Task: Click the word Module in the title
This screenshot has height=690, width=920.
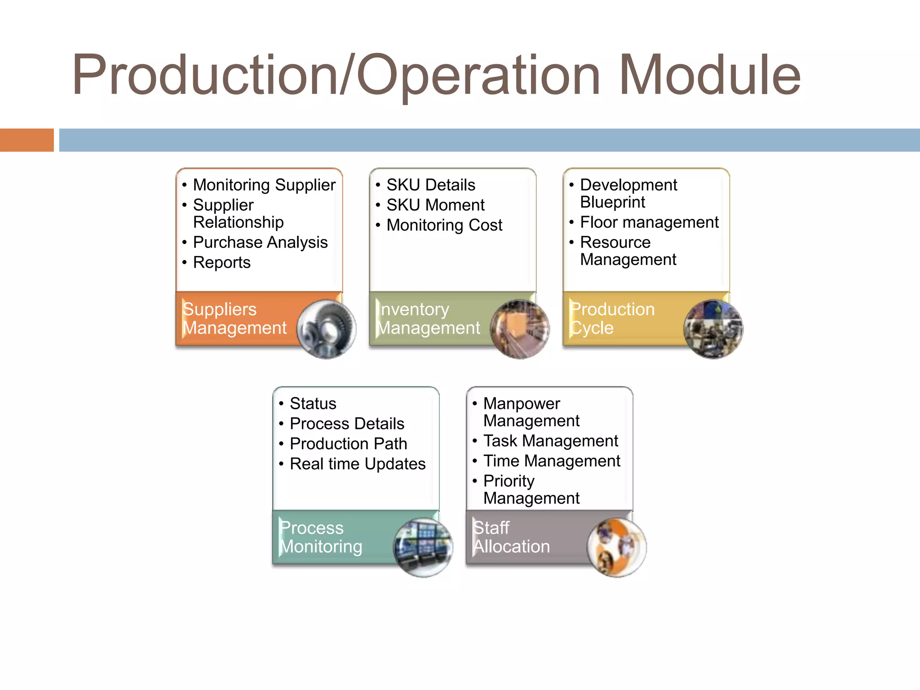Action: tap(710, 75)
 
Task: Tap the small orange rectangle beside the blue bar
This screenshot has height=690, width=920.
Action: tap(27, 140)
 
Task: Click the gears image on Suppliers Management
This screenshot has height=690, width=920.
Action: tap(326, 329)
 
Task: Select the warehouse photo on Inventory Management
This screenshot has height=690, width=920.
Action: tap(520, 329)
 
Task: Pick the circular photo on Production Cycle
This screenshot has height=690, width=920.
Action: tap(713, 329)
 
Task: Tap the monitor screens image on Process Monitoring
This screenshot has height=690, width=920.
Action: tap(423, 548)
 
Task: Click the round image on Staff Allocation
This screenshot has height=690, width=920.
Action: tap(616, 548)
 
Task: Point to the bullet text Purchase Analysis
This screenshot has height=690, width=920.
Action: tap(260, 243)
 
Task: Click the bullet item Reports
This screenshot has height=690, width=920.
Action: tap(221, 263)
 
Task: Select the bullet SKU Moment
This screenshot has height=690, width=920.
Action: tap(435, 205)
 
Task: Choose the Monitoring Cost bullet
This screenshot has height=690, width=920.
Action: tap(444, 226)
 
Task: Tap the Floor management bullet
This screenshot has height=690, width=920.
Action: tap(649, 222)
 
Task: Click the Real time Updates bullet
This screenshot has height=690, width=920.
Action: tap(358, 464)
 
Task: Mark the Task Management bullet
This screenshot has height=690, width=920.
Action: tap(551, 441)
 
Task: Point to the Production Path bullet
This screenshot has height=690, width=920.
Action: tap(349, 444)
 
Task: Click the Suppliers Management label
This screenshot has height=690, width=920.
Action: tap(234, 318)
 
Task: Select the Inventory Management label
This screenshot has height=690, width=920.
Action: tap(429, 318)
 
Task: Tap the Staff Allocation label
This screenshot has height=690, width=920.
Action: tap(511, 537)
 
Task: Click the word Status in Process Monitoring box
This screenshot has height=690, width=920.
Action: tap(313, 404)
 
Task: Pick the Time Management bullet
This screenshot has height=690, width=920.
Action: tap(552, 461)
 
